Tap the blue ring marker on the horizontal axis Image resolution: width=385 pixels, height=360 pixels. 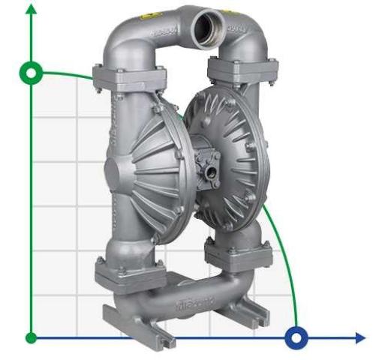tap(297, 337)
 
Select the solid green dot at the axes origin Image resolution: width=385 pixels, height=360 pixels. tap(32, 337)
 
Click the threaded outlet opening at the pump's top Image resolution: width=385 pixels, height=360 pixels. tap(203, 29)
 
